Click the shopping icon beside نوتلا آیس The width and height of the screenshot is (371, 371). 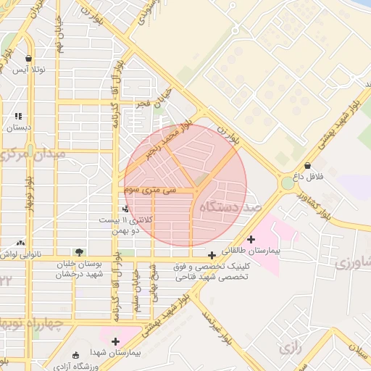[28, 59]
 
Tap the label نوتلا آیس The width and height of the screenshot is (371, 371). [30, 70]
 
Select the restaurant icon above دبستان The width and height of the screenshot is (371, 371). [18, 116]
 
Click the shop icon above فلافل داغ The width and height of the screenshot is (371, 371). [309, 165]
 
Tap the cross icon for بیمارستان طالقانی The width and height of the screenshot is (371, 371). [251, 238]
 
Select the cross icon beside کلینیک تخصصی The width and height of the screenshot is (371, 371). [211, 255]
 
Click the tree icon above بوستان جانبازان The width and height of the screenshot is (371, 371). [78, 251]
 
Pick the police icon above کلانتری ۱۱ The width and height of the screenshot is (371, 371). [125, 208]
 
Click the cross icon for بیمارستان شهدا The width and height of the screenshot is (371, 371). [115, 341]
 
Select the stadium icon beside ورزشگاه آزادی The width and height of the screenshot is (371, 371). [76, 354]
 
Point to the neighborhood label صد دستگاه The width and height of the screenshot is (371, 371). [233, 208]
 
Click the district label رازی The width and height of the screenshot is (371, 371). [288, 348]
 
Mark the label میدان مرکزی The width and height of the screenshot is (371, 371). [33, 154]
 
